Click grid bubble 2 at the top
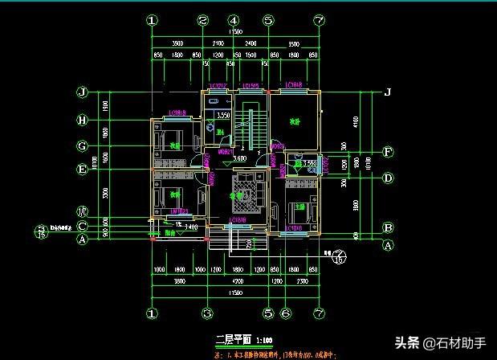point(203,21)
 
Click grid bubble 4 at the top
point(234,21)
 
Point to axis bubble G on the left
point(82,146)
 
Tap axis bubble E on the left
point(82,170)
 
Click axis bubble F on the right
point(388,151)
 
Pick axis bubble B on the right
point(388,227)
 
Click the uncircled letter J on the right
point(388,92)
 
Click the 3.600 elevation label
point(239,158)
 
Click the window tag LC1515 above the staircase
point(251,86)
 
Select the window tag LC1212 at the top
point(218,86)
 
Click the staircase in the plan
point(255,129)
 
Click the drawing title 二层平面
point(234,340)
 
